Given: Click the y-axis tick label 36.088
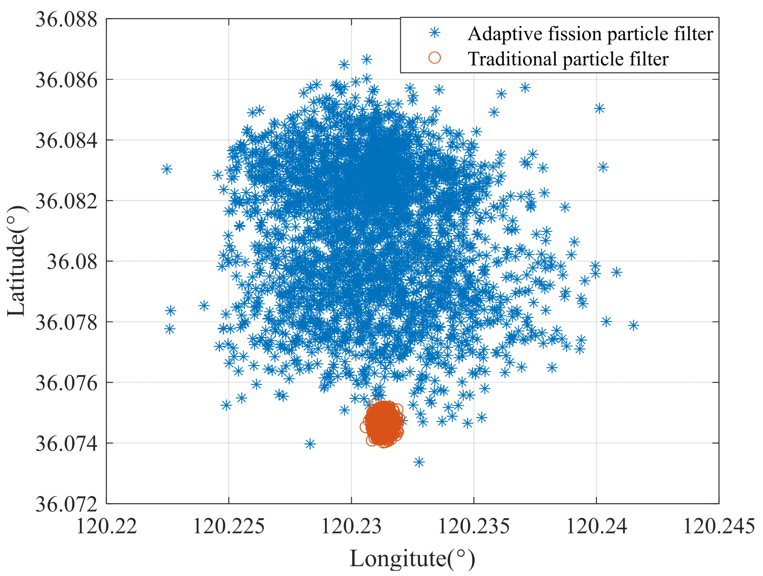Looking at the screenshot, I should click(66, 19).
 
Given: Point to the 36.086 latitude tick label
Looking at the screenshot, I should click(66, 80).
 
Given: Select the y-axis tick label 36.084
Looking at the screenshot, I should click(66, 141).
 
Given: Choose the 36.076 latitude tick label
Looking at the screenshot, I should click(66, 383).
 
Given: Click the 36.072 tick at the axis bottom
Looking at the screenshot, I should click(66, 505).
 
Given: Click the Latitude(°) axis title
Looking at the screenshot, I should click(16, 261).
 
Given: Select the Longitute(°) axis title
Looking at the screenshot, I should click(412, 559).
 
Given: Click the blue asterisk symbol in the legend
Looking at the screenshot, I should click(435, 33).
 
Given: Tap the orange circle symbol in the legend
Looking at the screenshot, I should click(435, 58).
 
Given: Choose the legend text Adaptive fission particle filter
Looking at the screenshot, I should click(590, 34).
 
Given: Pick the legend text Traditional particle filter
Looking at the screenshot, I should click(568, 59).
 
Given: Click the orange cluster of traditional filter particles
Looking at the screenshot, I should click(383, 423).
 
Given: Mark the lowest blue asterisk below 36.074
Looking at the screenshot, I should click(419, 462).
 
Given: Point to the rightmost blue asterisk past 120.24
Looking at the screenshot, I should click(633, 325).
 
